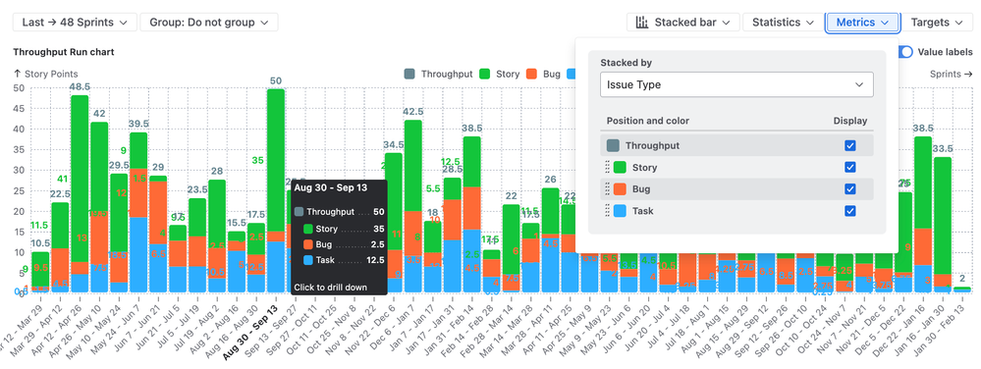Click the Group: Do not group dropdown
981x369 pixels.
(208, 22)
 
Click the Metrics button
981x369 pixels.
(863, 22)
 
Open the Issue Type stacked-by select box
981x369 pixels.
(736, 85)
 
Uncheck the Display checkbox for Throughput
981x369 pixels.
(849, 145)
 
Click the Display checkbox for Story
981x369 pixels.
(849, 167)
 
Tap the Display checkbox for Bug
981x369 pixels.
(849, 188)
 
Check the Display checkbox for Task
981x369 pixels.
(849, 210)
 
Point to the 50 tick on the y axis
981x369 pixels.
(19, 88)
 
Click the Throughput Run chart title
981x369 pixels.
(64, 51)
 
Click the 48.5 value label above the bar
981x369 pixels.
(80, 86)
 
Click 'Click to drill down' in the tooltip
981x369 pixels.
(331, 287)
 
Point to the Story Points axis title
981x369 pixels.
(49, 74)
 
